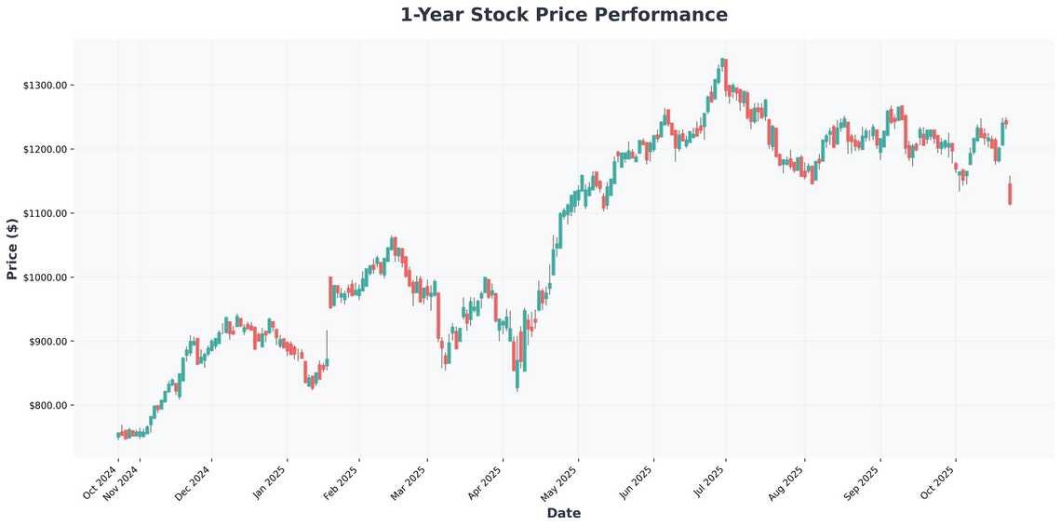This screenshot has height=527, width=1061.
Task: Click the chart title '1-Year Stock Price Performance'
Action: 563,15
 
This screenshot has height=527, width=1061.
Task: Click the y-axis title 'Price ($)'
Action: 12,249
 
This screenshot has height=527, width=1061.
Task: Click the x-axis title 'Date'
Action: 563,513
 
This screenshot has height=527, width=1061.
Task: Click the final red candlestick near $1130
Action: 1010,194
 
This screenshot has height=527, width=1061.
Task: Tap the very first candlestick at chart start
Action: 118,435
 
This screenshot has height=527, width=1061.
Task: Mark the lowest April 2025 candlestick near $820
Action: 517,377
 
